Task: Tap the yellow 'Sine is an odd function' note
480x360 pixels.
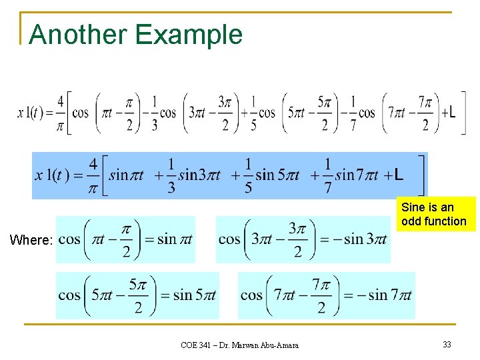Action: (x=436, y=214)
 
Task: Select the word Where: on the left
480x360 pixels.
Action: (x=31, y=240)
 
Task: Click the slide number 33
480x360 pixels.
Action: (x=447, y=345)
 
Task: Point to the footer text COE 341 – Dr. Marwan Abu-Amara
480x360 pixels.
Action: (x=239, y=345)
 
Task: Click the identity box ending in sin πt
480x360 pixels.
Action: (x=125, y=239)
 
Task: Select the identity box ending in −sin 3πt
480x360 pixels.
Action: (x=303, y=239)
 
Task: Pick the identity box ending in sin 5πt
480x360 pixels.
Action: (x=137, y=295)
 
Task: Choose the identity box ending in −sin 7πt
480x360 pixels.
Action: (x=326, y=295)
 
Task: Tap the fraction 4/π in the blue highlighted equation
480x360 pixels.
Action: (x=93, y=175)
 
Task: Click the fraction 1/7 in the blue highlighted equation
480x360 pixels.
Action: (x=328, y=175)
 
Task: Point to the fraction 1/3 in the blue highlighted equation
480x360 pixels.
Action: (x=171, y=175)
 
